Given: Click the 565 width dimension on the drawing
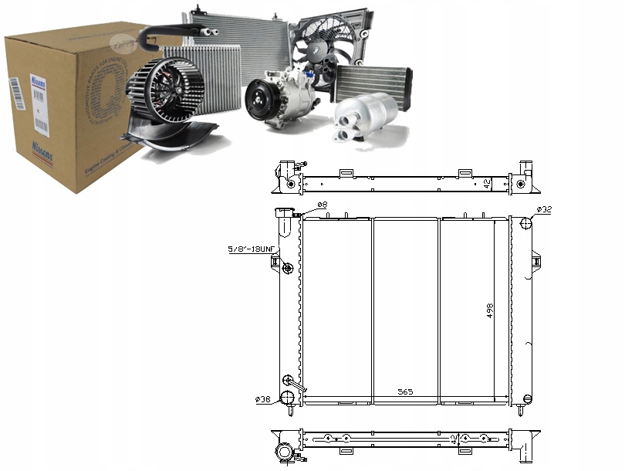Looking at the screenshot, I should tap(405, 392).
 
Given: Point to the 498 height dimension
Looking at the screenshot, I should tap(490, 310).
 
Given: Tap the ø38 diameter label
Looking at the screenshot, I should tap(263, 399).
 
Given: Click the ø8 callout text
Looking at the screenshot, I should tap(322, 205).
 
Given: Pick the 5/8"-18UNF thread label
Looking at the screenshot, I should tap(251, 249).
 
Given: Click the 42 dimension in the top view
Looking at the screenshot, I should tap(486, 184).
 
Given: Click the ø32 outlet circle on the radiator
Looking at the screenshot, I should tap(526, 224).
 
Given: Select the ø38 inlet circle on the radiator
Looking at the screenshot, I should tap(287, 397).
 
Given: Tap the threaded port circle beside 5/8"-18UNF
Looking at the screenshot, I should tap(288, 268).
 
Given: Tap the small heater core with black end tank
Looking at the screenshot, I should tap(373, 81).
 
